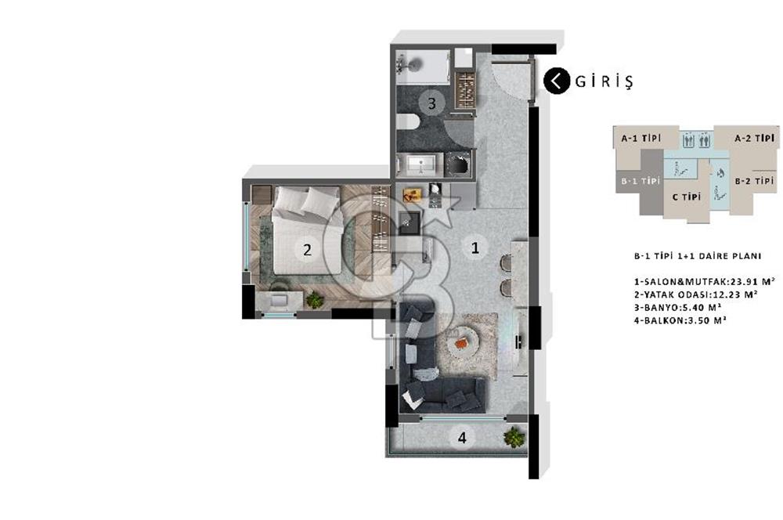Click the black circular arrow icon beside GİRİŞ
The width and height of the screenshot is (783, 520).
pyautogui.click(x=557, y=81)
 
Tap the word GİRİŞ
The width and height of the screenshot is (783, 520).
pyautogui.click(x=603, y=81)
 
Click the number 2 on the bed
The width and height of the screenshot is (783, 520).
pyautogui.click(x=307, y=250)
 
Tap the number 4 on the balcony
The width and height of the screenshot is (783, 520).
pyautogui.click(x=462, y=439)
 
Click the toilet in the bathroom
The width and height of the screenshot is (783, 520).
pyautogui.click(x=406, y=123)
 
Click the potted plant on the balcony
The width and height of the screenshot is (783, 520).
pyautogui.click(x=514, y=437)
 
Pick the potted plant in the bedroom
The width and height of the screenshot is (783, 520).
pyautogui.click(x=314, y=299)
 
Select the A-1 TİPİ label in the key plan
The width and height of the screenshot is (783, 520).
pyautogui.click(x=640, y=138)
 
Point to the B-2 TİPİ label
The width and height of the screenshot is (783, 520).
pyautogui.click(x=753, y=182)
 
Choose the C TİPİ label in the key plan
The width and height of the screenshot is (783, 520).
pyautogui.click(x=686, y=197)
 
